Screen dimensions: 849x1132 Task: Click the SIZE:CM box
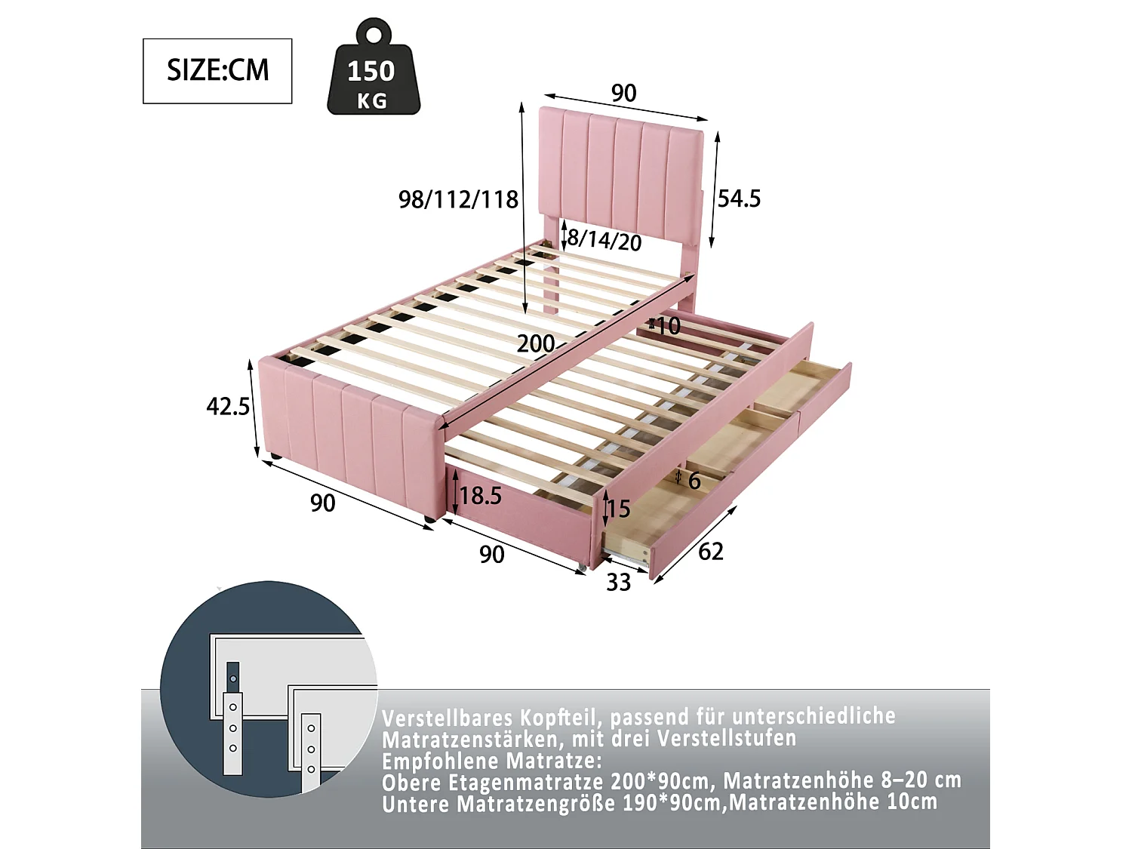217,71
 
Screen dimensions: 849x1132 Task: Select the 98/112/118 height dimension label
458,200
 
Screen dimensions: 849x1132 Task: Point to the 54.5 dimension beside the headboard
739,198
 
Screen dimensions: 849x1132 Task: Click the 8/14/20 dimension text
604,240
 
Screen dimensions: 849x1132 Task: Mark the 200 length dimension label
536,344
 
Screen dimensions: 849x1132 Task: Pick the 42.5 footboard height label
228,407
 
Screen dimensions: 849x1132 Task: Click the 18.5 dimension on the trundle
481,496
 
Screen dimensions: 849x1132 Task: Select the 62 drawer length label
710,552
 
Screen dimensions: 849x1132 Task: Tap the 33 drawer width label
619,583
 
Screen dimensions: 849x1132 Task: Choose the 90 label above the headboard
623,94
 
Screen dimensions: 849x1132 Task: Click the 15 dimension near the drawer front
618,509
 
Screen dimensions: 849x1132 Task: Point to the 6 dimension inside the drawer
694,481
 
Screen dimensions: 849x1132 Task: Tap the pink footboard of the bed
347,438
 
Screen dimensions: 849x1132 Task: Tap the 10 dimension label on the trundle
667,326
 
